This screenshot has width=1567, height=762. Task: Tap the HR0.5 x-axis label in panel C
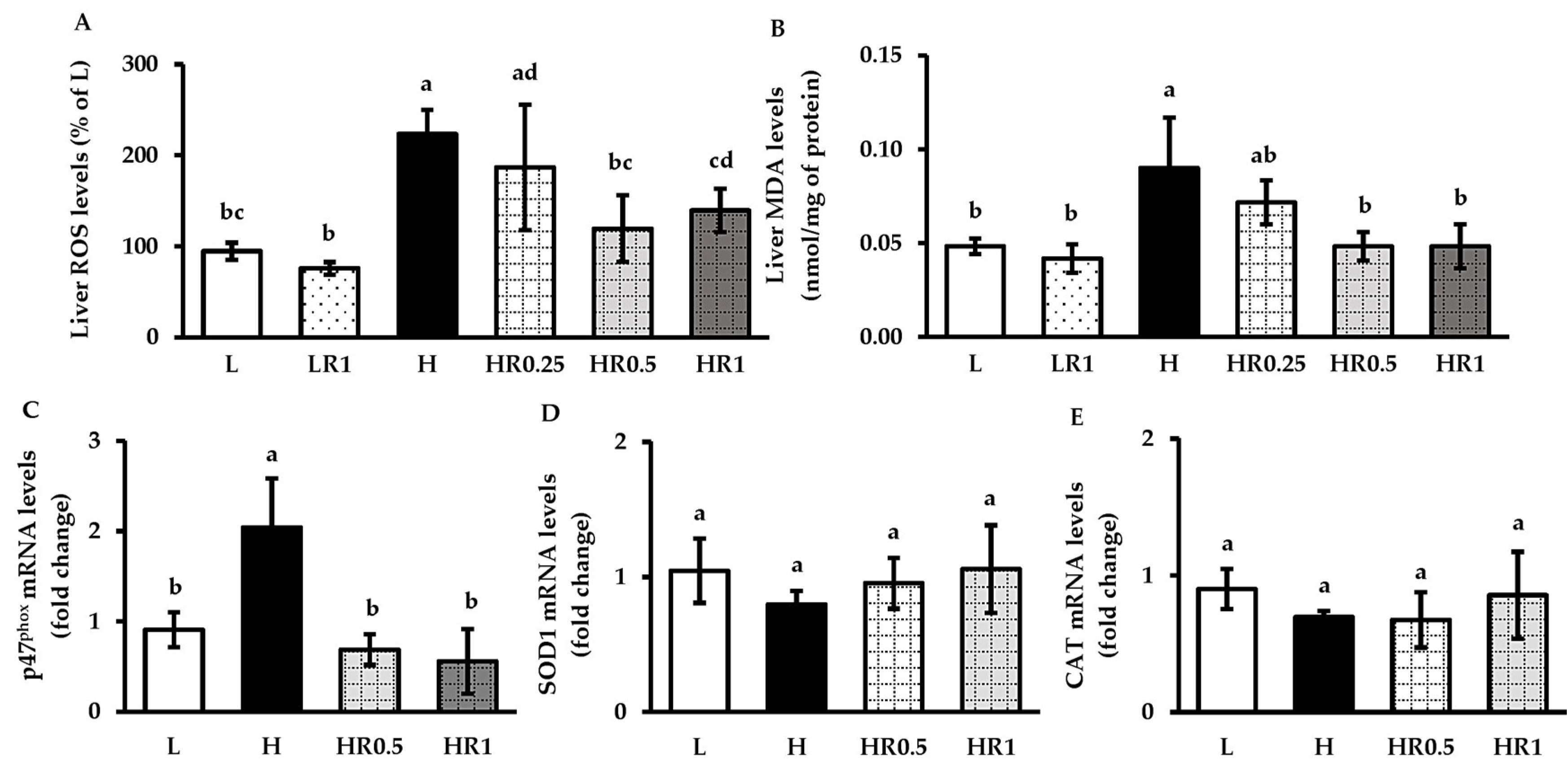(369, 746)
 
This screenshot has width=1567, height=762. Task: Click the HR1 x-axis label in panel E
(1519, 746)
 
